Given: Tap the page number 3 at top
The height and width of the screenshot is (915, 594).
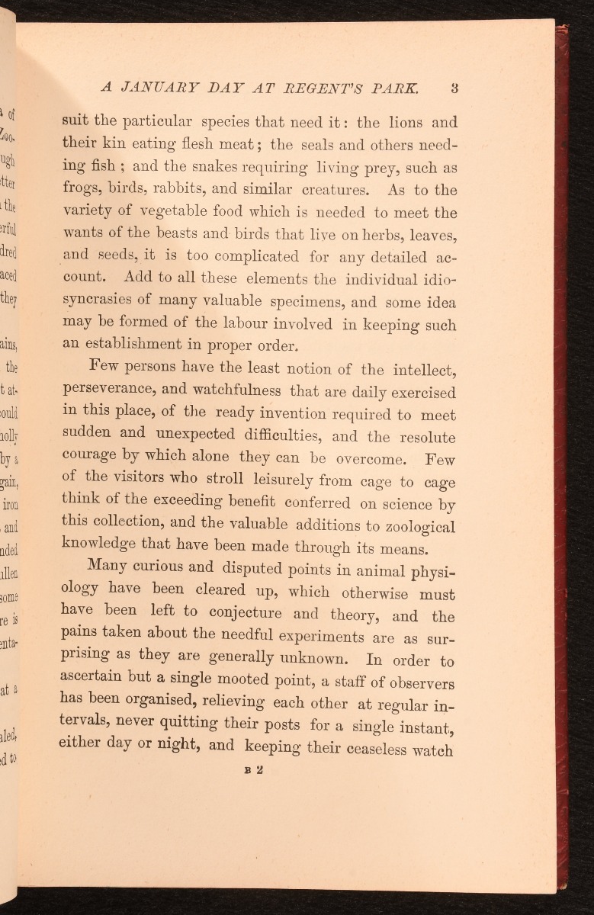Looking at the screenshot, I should pyautogui.click(x=454, y=87).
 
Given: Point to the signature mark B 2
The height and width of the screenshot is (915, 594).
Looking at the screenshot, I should pyautogui.click(x=255, y=770).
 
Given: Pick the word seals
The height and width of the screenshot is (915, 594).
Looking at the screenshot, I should pyautogui.click(x=311, y=144).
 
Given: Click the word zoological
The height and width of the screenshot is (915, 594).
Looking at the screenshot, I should pyautogui.click(x=413, y=527).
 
